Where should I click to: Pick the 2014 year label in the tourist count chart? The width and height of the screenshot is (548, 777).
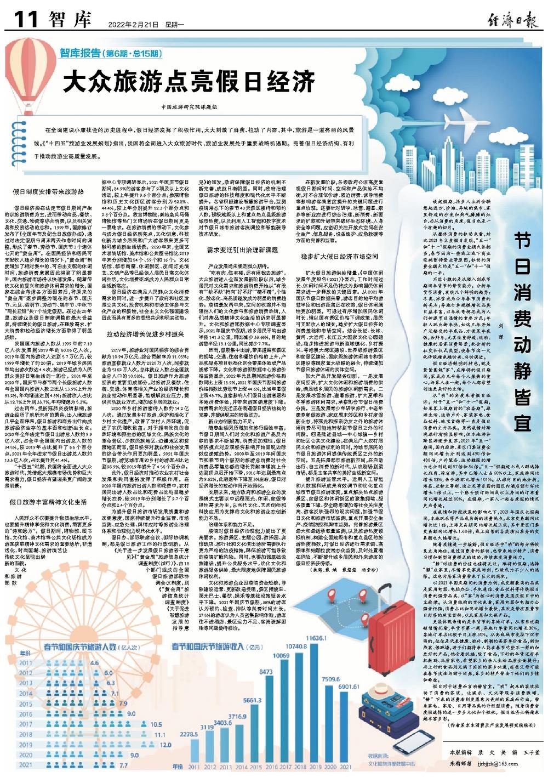pyautogui.click(x=26, y=694)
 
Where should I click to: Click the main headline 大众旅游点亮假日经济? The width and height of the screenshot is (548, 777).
pyautogui.click(x=189, y=83)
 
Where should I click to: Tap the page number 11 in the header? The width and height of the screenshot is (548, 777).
pyautogui.click(x=25, y=20)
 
